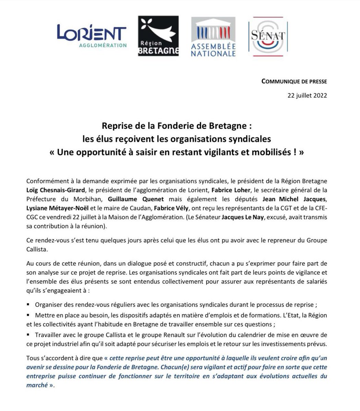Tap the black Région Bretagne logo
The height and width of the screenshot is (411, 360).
pyautogui.click(x=158, y=36)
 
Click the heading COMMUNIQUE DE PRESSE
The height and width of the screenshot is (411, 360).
pyautogui.click(x=294, y=82)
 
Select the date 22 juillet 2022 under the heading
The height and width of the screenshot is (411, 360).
pyautogui.click(x=307, y=95)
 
